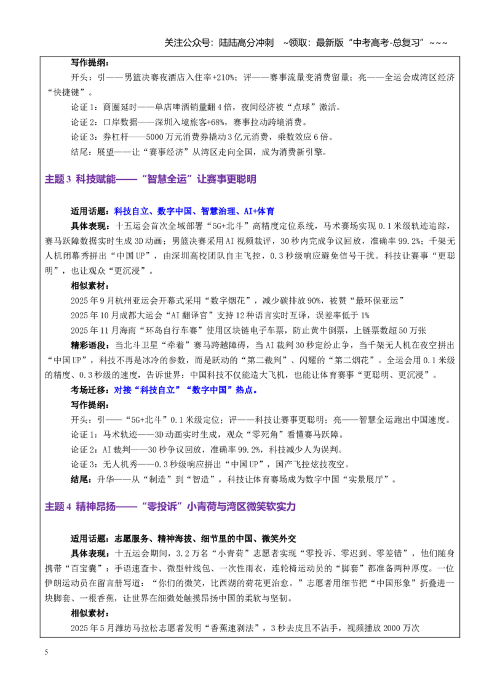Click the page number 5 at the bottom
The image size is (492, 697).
[46, 652]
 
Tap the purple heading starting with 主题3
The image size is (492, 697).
[150, 179]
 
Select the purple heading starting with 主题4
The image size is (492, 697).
[170, 506]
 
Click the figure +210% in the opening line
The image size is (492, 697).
[223, 78]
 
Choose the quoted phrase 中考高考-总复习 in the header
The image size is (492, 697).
[387, 42]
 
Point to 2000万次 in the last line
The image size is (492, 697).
[401, 628]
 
